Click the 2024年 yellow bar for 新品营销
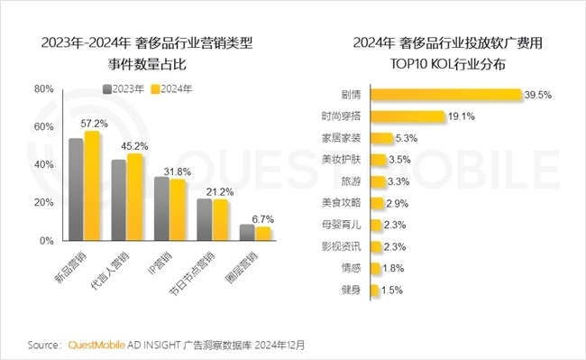click(92, 187)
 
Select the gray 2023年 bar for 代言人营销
click(118, 200)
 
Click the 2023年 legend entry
click(122, 88)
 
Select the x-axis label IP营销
click(160, 263)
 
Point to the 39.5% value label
click(539, 95)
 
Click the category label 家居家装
click(341, 138)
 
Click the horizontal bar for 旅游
click(378, 181)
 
